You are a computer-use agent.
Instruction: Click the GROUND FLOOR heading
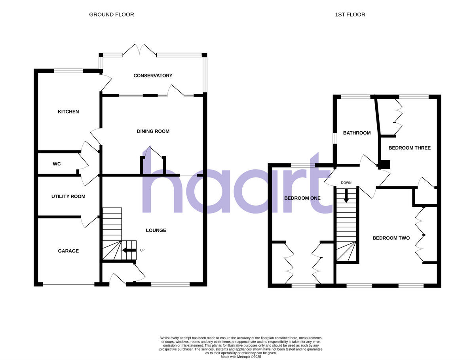[111, 15]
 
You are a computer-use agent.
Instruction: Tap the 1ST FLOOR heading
[350, 15]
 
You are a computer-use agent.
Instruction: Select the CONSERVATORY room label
[153, 76]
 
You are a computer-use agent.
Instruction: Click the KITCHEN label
[68, 112]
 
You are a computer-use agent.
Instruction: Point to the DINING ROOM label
[153, 131]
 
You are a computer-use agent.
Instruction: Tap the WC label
[57, 164]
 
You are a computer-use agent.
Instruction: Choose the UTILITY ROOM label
[68, 196]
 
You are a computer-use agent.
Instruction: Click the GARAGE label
[68, 251]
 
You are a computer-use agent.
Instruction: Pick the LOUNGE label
[156, 230]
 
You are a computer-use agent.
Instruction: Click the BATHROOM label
[357, 133]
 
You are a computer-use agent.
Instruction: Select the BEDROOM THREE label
[409, 148]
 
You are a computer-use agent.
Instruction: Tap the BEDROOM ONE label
[302, 198]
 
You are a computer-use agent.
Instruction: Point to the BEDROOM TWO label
[391, 238]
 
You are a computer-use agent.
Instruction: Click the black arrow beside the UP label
[129, 250]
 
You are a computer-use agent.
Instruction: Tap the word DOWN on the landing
[346, 183]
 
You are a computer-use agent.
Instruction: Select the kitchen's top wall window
[68, 71]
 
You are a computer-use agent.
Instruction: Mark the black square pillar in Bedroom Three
[385, 164]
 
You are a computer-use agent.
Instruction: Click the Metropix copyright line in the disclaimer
[241, 356]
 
